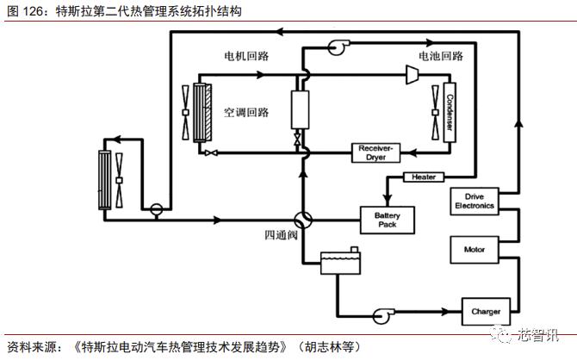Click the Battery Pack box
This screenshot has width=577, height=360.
[x=387, y=219]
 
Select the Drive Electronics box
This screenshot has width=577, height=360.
[x=474, y=201]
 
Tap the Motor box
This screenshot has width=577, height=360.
[x=475, y=251]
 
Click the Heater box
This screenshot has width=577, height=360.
[x=424, y=177]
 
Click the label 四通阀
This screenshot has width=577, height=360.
[x=281, y=235]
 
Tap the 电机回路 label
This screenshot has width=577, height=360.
[x=246, y=57]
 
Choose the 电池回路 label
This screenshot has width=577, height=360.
[x=440, y=57]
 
